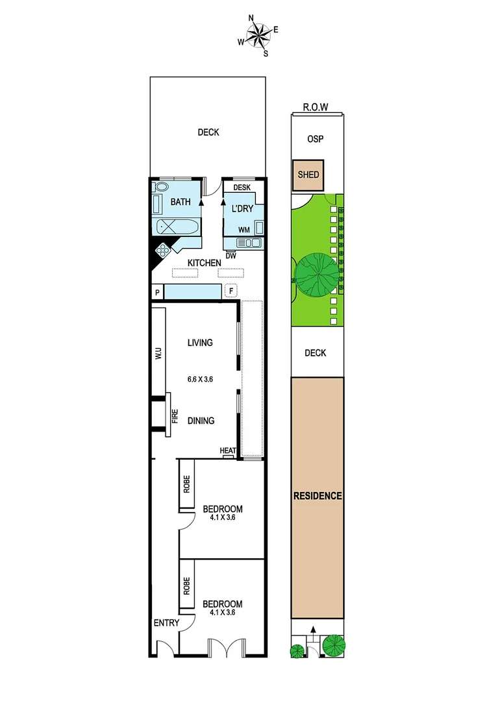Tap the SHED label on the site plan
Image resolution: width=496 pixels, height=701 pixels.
[x=307, y=175]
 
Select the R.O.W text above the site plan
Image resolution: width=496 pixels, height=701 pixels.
[x=316, y=108]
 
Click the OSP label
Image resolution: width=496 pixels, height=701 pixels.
[x=316, y=139]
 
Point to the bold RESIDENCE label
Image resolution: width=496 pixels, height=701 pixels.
[x=317, y=496]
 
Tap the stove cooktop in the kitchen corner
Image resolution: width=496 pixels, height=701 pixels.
[x=163, y=249]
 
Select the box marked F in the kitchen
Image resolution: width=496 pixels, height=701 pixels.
[x=232, y=291]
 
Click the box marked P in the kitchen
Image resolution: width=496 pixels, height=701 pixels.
[x=157, y=293]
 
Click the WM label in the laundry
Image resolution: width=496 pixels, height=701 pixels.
[x=244, y=229]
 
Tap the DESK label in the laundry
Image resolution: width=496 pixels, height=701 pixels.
[x=242, y=188]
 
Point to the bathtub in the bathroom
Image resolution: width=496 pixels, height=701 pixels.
[x=177, y=227]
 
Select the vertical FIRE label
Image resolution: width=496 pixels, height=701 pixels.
[x=174, y=416]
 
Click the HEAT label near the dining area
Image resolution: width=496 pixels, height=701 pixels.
[x=227, y=451]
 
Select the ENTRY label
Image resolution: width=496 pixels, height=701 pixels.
[x=166, y=623]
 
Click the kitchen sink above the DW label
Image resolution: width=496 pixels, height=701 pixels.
[x=249, y=243]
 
